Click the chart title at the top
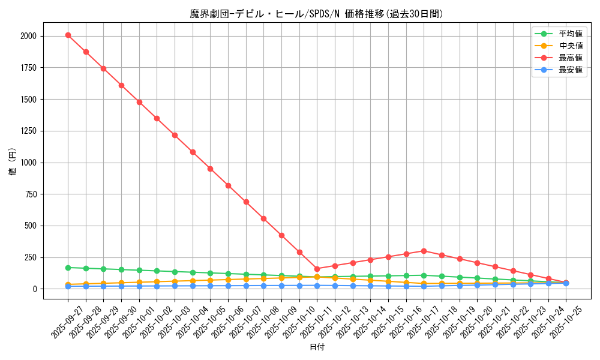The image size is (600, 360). pyautogui.click(x=317, y=14)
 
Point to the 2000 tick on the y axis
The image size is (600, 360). pyautogui.click(x=28, y=36)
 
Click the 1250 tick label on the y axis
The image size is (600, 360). pyautogui.click(x=28, y=131)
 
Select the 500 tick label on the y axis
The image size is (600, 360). pyautogui.click(x=31, y=226)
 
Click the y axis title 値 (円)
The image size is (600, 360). pyautogui.click(x=13, y=162)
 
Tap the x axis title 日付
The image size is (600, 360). pyautogui.click(x=317, y=347)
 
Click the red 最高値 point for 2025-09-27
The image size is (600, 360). pyautogui.click(x=68, y=35)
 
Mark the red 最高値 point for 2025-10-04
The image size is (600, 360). pyautogui.click(x=193, y=152)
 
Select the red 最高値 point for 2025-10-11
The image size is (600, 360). pyautogui.click(x=317, y=269)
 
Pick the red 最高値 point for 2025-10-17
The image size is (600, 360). pyautogui.click(x=424, y=251)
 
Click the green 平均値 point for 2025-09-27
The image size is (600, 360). pyautogui.click(x=68, y=268)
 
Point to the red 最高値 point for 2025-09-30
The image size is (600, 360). pyautogui.click(x=121, y=85)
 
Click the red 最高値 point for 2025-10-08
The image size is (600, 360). pyautogui.click(x=263, y=218)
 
